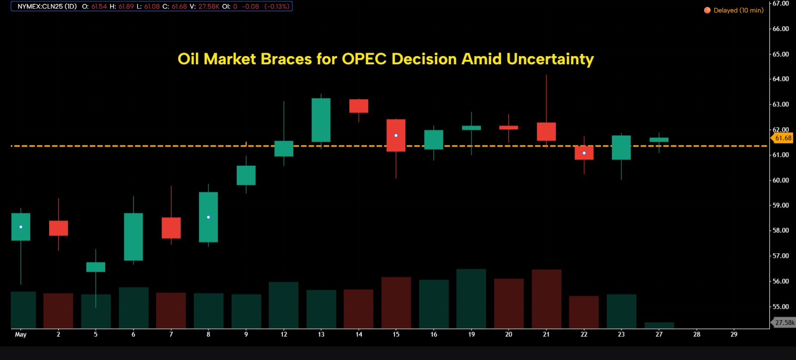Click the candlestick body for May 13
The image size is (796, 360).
[321, 120]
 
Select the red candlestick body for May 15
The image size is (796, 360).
[396, 135]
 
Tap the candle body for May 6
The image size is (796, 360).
[133, 237]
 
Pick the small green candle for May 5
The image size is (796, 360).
[96, 267]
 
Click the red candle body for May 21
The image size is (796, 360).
[546, 131]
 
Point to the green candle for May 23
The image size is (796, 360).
[621, 147]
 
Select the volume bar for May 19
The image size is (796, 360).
[471, 298]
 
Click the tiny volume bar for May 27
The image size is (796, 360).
[659, 325]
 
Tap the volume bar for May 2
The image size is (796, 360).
[58, 310]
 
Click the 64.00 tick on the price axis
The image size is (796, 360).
[780, 79]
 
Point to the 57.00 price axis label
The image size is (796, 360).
[780, 256]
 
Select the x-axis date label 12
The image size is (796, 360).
[284, 334]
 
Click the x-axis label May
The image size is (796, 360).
[21, 334]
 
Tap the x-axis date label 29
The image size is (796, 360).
[734, 334]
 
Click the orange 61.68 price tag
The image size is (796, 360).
[783, 138]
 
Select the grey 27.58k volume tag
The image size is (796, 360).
[784, 322]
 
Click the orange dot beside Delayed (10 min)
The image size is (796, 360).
[707, 10]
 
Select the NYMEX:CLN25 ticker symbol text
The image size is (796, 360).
[47, 6]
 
